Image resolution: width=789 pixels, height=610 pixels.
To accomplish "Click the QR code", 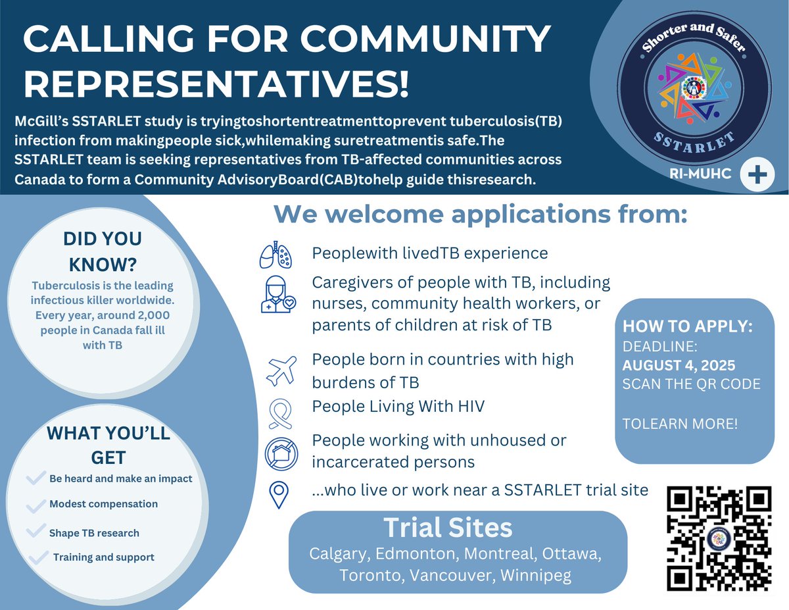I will tap(719, 538).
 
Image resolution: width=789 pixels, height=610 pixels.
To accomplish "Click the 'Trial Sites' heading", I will tap(448, 528).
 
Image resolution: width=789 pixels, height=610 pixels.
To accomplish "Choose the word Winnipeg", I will tap(535, 575).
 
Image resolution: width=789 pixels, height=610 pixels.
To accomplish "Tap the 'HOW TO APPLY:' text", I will tap(688, 327).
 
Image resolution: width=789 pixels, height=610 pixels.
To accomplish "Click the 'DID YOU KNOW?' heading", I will tap(102, 251).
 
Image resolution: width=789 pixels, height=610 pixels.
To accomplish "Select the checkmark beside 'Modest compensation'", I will tap(36, 506).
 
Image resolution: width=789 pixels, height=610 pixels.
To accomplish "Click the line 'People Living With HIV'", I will tap(398, 407).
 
